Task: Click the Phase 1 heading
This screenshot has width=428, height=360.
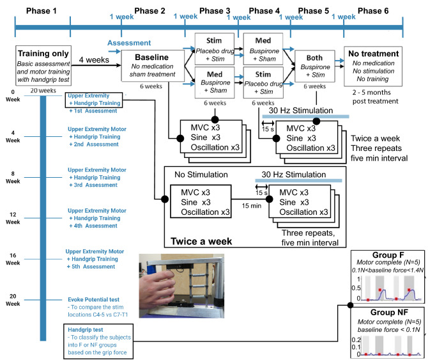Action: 42,11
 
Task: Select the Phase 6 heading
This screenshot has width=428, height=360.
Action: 373,11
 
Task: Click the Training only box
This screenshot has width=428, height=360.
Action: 43,66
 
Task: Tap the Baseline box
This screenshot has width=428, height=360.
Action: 153,66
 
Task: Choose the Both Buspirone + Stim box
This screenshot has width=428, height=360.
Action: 315,66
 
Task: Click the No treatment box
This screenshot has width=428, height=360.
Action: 373,66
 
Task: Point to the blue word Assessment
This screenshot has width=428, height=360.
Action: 129,43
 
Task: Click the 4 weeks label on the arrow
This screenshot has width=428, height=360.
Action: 94,60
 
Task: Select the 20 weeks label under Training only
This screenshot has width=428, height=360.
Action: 43,90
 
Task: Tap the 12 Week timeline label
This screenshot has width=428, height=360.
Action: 13,218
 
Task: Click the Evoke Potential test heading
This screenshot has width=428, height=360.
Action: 94,300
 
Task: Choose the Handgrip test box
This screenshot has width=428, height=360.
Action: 98,341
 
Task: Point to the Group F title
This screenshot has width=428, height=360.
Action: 388,255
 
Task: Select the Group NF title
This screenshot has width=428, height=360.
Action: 389,312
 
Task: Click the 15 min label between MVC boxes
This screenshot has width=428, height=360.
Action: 252,206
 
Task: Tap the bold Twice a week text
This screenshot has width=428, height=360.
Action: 201,241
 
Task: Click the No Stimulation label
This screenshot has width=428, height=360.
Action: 201,175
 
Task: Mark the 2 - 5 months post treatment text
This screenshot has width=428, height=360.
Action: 375,97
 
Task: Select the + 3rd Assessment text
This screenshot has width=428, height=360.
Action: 93,185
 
